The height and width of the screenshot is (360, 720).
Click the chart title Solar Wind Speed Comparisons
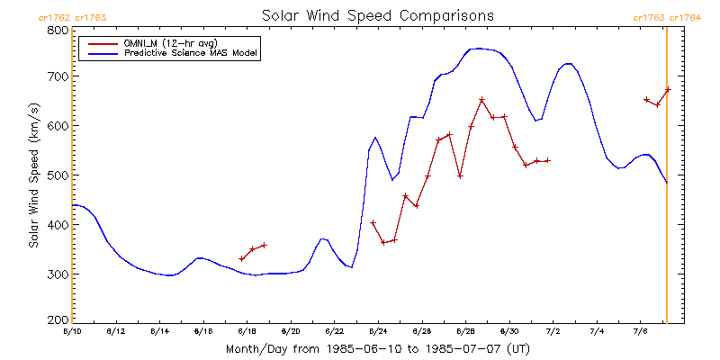(377, 16)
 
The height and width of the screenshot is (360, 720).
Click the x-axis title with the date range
(377, 348)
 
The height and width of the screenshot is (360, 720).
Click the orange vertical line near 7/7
(666, 180)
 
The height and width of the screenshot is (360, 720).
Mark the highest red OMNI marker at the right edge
(668, 89)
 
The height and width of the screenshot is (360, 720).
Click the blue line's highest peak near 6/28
(477, 49)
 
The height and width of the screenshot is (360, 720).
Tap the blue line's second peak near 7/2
(567, 64)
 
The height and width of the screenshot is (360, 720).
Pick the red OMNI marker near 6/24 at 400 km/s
(373, 222)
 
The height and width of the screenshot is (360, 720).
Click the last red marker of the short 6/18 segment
(264, 245)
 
